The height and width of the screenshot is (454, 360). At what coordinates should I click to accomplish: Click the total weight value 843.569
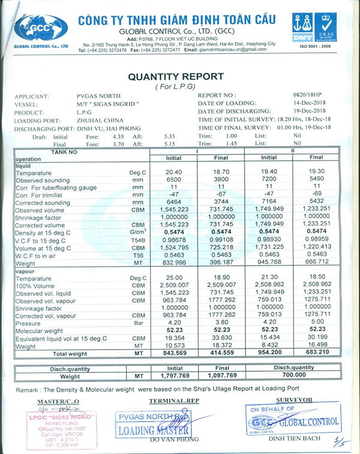[174, 354]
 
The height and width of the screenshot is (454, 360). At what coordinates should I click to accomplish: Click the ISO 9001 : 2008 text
[316, 45]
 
